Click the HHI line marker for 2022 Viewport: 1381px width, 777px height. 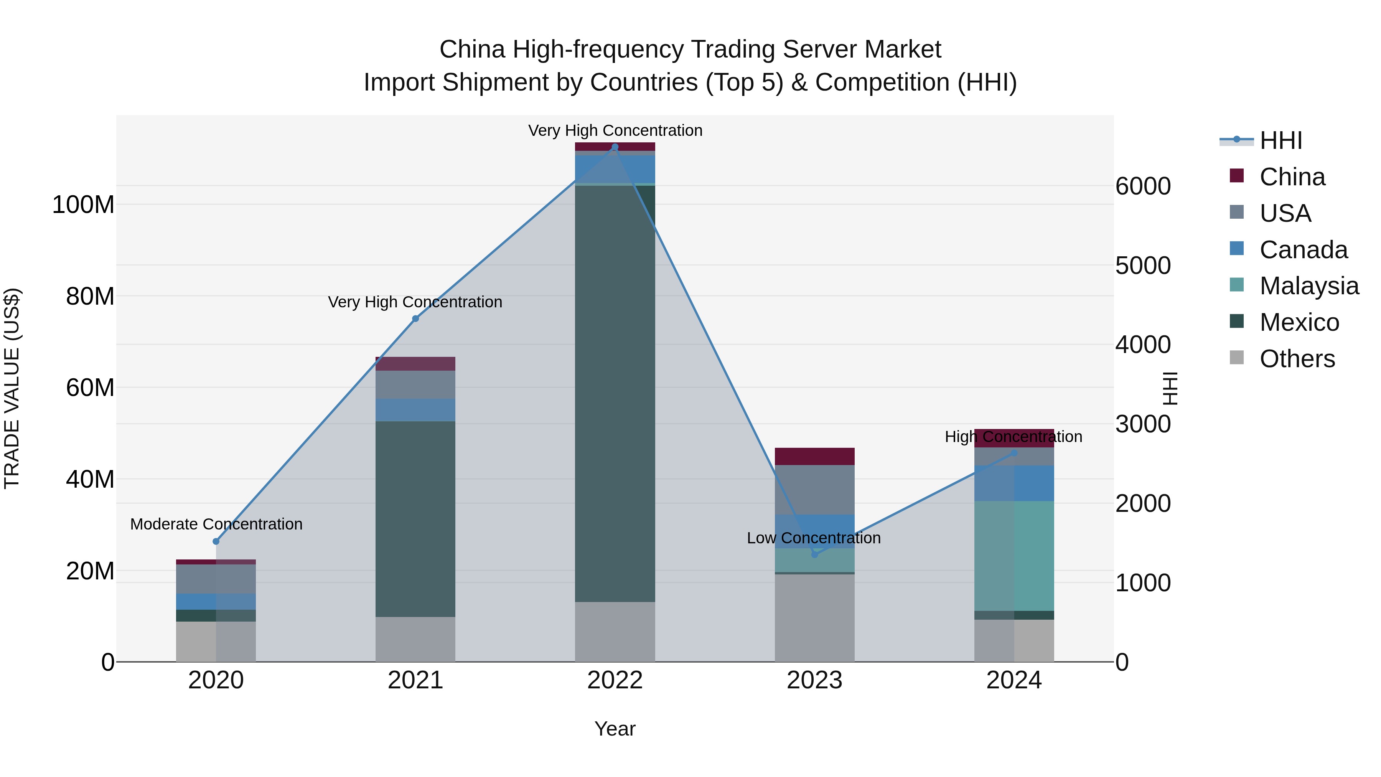[615, 147]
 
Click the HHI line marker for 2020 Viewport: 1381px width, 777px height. [216, 541]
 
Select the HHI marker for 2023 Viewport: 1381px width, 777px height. [814, 554]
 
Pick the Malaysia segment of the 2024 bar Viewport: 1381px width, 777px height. [1014, 556]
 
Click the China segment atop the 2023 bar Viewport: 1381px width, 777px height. [814, 456]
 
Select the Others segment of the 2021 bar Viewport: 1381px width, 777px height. [415, 639]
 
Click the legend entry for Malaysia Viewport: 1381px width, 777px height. [1308, 286]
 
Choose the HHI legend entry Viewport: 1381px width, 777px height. [1280, 140]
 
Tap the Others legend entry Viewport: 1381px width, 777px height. [1296, 359]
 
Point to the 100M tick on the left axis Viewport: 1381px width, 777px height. [83, 205]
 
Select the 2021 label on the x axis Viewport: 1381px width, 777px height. [415, 680]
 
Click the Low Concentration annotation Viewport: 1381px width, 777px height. [813, 538]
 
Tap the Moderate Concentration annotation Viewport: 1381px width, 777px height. [216, 524]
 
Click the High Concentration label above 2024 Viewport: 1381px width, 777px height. [1013, 437]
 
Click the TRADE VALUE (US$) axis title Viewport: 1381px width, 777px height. [12, 388]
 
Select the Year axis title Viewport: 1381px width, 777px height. [615, 729]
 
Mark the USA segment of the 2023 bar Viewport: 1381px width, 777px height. [814, 490]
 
